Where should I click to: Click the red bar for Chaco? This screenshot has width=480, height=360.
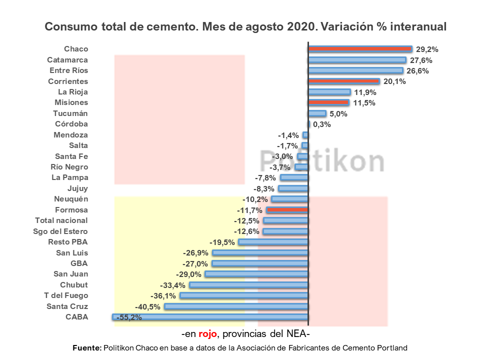pos(360,49)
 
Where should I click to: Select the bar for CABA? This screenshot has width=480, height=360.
pos(210,317)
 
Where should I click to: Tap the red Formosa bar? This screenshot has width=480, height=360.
pos(287,210)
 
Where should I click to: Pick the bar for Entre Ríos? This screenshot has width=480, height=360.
pos(355,70)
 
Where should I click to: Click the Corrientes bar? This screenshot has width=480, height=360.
pos(344,81)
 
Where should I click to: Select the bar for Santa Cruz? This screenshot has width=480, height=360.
pos(236,306)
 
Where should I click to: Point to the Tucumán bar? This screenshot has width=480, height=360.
pos(317,113)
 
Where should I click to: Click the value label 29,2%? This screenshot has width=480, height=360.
pos(427,49)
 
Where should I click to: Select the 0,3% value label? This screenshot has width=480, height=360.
pos(322,124)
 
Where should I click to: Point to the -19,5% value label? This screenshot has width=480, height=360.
pos(222,242)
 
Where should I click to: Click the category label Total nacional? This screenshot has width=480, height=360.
pos(61,220)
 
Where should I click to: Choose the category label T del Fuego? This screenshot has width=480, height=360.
pos(66,295)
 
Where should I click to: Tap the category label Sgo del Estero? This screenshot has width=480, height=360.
pos(60,231)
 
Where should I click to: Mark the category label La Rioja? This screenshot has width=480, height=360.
pos(73,92)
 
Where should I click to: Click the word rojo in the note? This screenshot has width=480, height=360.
pos(208,334)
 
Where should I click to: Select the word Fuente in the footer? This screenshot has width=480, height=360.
pos(87,347)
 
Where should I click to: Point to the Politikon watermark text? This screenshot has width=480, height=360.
pos(322,160)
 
